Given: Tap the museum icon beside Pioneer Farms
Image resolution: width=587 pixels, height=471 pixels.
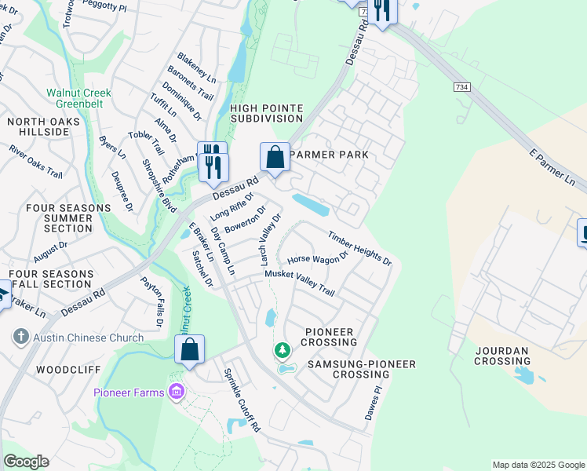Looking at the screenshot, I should click(x=177, y=392).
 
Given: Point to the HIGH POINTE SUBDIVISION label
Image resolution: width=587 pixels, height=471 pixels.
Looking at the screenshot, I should click(x=266, y=113).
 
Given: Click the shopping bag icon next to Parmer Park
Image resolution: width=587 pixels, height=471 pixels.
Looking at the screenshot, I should click(x=275, y=157).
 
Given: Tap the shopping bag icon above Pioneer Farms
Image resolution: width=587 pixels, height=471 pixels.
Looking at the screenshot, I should click(x=190, y=349).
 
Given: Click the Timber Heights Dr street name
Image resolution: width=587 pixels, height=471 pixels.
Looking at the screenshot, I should click(x=359, y=248).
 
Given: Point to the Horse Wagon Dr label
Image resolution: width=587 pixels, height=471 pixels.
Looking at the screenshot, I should click(x=318, y=257).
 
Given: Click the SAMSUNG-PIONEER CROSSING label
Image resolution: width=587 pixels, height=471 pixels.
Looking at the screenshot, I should click(x=361, y=370).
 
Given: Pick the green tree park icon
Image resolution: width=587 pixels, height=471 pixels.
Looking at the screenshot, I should click(x=281, y=349).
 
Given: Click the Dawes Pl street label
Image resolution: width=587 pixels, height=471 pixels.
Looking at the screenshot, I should click(x=373, y=402).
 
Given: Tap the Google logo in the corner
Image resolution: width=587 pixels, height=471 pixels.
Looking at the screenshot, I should click(x=26, y=462).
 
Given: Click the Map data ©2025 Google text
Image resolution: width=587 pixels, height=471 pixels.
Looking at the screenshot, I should click(x=538, y=465).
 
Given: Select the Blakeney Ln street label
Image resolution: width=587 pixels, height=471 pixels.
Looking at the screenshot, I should click(x=196, y=68).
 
